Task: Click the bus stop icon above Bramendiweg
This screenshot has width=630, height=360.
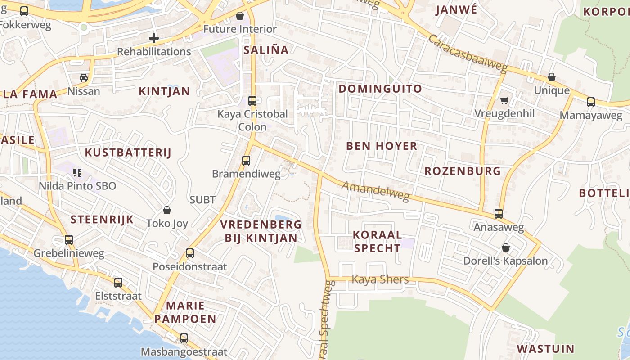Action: point(246,161)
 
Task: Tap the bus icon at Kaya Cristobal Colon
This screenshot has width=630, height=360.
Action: point(252,101)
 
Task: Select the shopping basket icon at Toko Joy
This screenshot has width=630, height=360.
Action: point(167,210)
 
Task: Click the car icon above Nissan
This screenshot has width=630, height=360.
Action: point(84,78)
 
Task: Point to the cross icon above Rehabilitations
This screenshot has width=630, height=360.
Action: point(154,38)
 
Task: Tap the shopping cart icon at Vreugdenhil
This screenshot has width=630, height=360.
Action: point(504,100)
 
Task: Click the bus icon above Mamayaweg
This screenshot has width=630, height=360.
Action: point(591,102)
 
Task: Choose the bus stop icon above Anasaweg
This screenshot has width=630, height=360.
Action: point(499,214)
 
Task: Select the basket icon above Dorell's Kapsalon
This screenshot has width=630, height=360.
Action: point(506,247)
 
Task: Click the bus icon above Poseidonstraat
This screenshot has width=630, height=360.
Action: point(190,253)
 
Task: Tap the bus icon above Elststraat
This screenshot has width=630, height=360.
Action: point(118,283)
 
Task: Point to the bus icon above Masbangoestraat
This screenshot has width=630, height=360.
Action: point(184,338)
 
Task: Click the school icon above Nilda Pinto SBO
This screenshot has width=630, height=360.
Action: point(77,172)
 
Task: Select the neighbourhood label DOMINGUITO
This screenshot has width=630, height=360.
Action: point(380,89)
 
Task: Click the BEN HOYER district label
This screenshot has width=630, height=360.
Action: point(382,146)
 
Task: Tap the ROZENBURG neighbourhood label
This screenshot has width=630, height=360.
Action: point(463,171)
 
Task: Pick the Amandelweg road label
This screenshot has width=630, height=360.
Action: point(375,191)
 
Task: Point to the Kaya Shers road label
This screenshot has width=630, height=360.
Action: point(380,279)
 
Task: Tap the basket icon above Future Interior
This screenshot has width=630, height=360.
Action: point(240,16)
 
